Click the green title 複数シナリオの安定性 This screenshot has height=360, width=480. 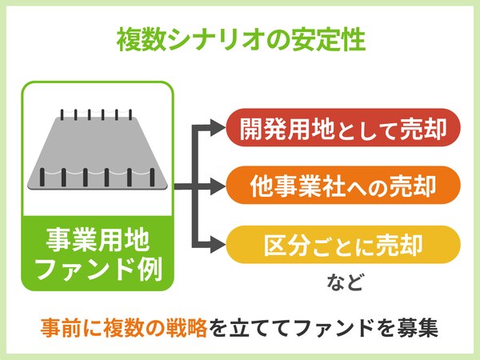pos(242,40)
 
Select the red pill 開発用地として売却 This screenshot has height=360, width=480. pos(343,127)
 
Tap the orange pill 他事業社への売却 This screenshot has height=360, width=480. pos(343,186)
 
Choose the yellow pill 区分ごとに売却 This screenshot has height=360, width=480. pos(343,245)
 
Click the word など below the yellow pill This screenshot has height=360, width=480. pos(345,282)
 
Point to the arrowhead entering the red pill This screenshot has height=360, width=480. pos(218,127)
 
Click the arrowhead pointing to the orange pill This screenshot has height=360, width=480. pos(218,186)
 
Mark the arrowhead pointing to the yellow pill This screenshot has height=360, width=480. pos(218,245)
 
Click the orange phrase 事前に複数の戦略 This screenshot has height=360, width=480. pos(124,327)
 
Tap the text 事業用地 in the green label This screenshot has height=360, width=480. pos(98,241)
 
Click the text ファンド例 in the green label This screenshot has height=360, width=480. pos(98,270)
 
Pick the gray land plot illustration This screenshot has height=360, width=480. pos(98,153)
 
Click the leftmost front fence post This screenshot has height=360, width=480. pos(42,177)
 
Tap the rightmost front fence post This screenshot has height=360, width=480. pos(152,177)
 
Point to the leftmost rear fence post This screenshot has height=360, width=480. pos(62,114)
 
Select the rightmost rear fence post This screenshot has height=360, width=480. pos(130,114)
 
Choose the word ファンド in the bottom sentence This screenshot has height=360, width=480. pos(335,327)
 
